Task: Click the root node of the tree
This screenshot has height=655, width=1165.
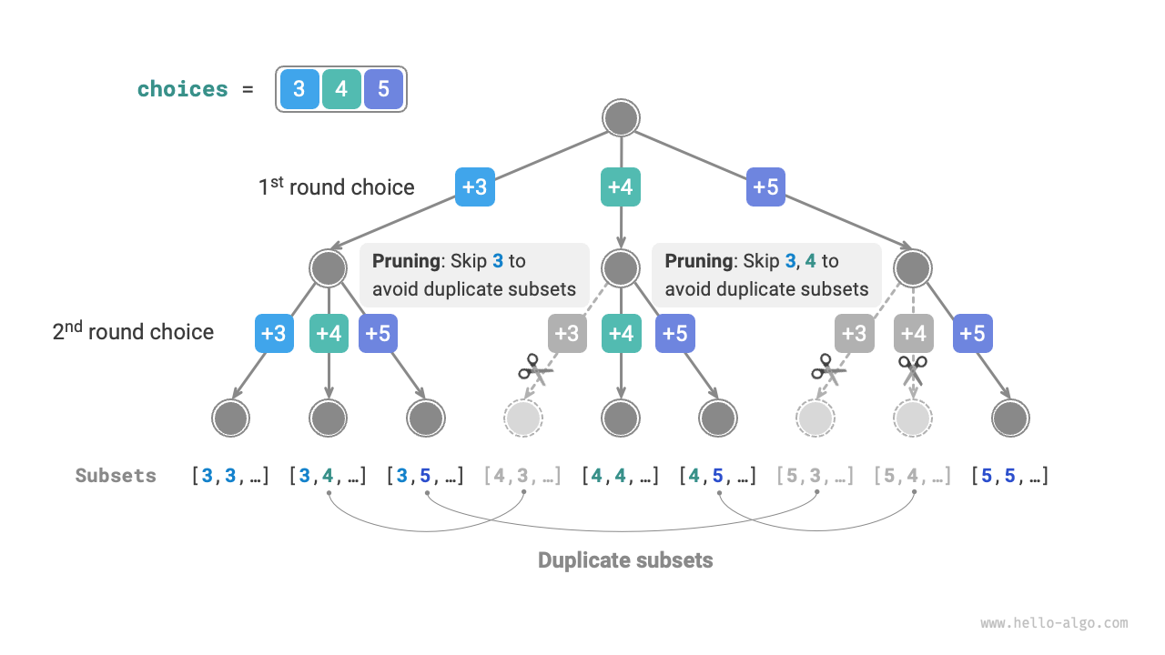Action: click(x=621, y=119)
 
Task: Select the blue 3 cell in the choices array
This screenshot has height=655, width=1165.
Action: click(x=299, y=89)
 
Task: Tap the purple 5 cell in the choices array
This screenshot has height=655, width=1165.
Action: click(x=383, y=89)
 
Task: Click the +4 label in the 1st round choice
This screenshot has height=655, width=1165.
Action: click(x=620, y=186)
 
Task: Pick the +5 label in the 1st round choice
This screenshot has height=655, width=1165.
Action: click(x=765, y=186)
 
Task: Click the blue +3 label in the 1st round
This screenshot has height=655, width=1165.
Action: click(x=475, y=186)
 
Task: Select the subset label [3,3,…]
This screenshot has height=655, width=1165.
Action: click(x=230, y=476)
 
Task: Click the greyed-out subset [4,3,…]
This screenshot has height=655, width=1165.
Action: click(x=523, y=476)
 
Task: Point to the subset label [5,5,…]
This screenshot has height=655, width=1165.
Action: click(x=1009, y=476)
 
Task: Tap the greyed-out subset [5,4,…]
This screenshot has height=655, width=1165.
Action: click(x=913, y=476)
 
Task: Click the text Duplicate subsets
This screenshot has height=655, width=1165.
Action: click(x=625, y=559)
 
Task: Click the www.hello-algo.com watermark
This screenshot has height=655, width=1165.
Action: click(x=1054, y=623)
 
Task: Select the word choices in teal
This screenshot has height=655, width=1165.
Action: click(x=182, y=89)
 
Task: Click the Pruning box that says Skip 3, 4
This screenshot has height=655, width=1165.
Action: click(x=766, y=275)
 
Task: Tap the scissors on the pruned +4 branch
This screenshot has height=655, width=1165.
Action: click(x=913, y=370)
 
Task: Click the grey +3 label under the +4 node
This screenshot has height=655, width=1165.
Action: click(x=567, y=333)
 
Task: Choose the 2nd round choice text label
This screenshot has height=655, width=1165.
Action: click(x=133, y=332)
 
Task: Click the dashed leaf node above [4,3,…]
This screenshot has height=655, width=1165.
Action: click(x=523, y=418)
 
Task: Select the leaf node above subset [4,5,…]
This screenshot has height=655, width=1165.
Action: click(x=717, y=418)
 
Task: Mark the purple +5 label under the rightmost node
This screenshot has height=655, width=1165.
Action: click(x=973, y=333)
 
